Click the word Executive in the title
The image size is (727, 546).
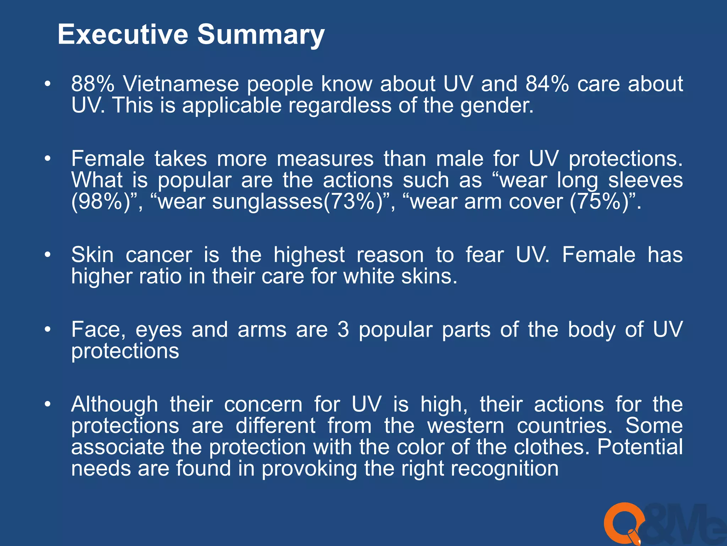pyautogui.click(x=122, y=34)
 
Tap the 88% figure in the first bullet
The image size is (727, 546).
pyautogui.click(x=93, y=84)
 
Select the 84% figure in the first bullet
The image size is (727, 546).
pyautogui.click(x=547, y=84)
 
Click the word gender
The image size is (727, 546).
pyautogui.click(x=497, y=106)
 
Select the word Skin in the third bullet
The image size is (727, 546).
pyautogui.click(x=92, y=255)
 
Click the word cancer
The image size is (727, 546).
pyautogui.click(x=159, y=255)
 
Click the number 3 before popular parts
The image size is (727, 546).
pyautogui.click(x=343, y=330)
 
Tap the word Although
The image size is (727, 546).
pyautogui.click(x=114, y=405)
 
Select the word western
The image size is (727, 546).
pyautogui.click(x=465, y=426)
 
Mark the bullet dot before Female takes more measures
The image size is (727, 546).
pyautogui.click(x=48, y=159)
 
